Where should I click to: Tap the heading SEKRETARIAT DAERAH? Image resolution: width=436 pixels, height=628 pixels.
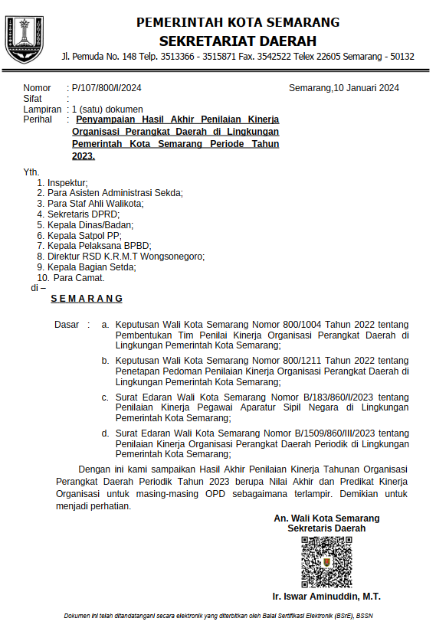click(238, 41)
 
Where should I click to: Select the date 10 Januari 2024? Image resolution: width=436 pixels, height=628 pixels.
click(366, 88)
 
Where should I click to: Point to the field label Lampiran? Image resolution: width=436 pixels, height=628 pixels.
click(42, 110)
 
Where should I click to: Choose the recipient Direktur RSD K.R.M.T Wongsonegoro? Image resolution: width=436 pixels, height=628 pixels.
click(126, 257)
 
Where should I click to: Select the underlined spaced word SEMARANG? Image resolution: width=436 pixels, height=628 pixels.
click(87, 299)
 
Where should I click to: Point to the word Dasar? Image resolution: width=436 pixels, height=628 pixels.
click(67, 325)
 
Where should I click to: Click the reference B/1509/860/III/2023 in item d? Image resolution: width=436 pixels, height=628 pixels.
click(322, 433)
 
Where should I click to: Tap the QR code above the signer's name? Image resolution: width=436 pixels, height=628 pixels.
click(326, 561)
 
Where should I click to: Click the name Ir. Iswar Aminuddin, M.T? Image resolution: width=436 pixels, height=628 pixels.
click(326, 597)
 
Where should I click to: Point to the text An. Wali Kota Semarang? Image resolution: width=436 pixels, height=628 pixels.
click(326, 518)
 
